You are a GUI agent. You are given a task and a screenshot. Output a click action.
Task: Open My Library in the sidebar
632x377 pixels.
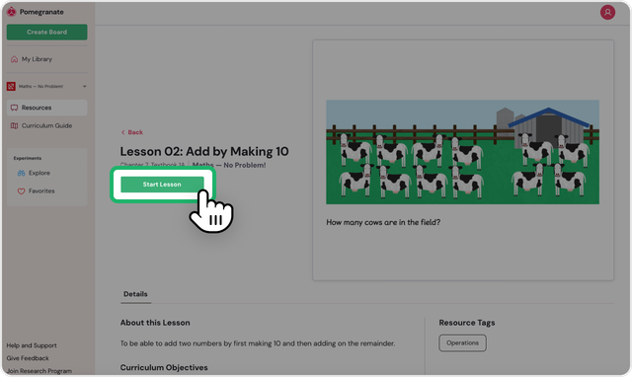[x=37, y=59]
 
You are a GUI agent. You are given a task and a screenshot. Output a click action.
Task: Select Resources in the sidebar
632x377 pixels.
[x=37, y=108]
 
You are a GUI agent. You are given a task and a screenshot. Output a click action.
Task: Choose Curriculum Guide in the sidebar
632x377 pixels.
[x=46, y=125]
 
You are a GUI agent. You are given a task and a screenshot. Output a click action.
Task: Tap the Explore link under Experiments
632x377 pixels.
[x=39, y=173]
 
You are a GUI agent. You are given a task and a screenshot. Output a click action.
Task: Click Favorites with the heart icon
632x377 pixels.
[x=41, y=190]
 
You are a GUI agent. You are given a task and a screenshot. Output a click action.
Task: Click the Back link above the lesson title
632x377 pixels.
[x=132, y=131]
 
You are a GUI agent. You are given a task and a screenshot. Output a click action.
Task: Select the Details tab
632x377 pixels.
[x=135, y=294]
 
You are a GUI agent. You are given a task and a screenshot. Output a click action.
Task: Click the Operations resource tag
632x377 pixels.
[x=462, y=342]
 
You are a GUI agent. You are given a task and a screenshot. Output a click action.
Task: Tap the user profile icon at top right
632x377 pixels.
[x=607, y=13]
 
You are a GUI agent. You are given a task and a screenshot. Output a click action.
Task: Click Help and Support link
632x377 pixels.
[x=32, y=345]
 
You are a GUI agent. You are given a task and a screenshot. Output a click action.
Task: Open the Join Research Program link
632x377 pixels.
[x=39, y=370]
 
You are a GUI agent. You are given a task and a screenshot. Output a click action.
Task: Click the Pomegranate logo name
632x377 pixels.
[x=41, y=12]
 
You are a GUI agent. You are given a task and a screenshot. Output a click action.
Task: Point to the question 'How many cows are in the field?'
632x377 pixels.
[x=383, y=222]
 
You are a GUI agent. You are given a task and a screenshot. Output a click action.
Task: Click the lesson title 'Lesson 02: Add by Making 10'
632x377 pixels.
[x=204, y=151]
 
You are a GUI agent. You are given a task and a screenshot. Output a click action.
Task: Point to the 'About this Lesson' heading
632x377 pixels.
[x=155, y=323]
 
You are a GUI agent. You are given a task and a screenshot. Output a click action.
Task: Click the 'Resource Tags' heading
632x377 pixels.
[x=467, y=323]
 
